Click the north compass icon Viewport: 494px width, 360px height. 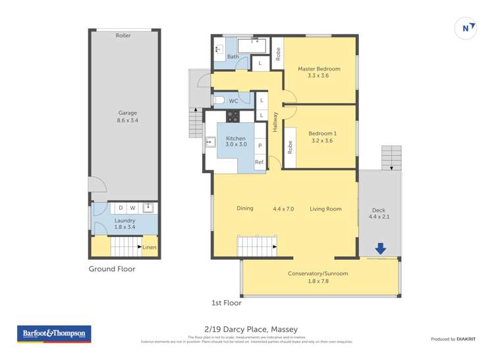pos(466,28)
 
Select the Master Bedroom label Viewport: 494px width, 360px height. pos(319,72)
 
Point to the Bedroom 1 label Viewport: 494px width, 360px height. pos(322,136)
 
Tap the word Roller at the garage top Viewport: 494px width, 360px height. pos(123,36)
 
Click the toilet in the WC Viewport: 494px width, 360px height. pos(219,101)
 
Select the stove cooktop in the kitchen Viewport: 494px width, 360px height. pos(233,116)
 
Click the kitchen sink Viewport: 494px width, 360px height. pos(211,141)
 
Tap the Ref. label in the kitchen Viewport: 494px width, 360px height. pos(260,162)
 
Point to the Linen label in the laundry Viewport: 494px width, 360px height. pos(150,247)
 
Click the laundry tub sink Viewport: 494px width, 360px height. pos(148,208)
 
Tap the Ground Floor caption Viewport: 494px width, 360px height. pos(116,269)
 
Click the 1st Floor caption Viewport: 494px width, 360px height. pos(226,303)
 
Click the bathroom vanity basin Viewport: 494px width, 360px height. pos(218,49)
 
